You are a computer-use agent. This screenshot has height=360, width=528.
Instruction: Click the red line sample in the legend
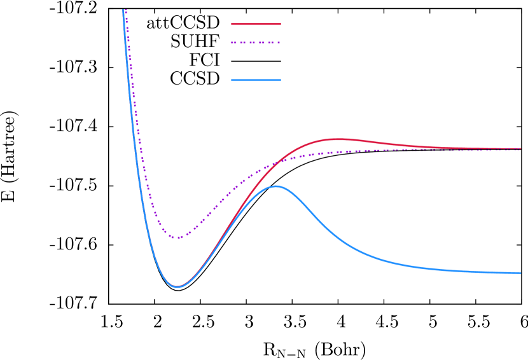click(x=256, y=24)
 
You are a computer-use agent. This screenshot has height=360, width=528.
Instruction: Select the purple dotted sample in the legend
click(x=256, y=43)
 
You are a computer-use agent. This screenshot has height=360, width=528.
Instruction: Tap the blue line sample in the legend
click(x=256, y=80)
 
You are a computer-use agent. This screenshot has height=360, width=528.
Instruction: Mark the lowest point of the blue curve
click(x=177, y=287)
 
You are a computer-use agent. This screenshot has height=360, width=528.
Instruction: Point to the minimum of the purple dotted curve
click(x=179, y=238)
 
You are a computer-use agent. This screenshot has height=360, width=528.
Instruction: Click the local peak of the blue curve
click(x=276, y=186)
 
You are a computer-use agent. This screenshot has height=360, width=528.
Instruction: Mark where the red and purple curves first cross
click(x=277, y=162)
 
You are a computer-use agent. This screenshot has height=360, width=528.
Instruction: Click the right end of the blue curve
click(x=520, y=273)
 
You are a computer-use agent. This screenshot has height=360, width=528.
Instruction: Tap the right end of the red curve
click(x=520, y=149)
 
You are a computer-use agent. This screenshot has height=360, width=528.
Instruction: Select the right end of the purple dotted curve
click(x=520, y=151)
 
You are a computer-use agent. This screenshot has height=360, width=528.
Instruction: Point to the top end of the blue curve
click(x=123, y=10)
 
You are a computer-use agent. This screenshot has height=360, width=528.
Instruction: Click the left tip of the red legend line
click(x=232, y=24)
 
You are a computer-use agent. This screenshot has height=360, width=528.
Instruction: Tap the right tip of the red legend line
click(x=280, y=24)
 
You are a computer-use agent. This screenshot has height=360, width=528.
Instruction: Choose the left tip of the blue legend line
click(x=232, y=80)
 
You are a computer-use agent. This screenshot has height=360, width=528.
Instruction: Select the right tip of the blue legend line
click(x=280, y=80)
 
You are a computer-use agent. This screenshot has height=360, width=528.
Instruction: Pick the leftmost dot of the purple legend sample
click(x=232, y=43)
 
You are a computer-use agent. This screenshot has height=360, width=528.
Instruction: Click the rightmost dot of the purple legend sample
click(x=279, y=43)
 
